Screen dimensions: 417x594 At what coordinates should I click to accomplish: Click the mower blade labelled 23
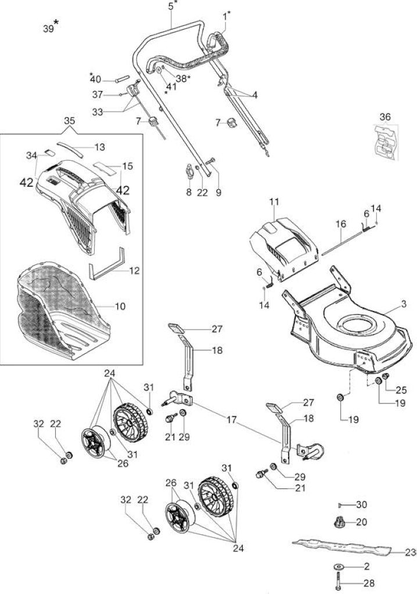pos(341,546)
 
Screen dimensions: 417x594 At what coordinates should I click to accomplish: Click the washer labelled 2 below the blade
pos(339,567)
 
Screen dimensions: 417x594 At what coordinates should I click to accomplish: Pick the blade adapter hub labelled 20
pos(338,522)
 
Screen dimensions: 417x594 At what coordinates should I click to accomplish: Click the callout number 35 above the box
pos(70,121)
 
